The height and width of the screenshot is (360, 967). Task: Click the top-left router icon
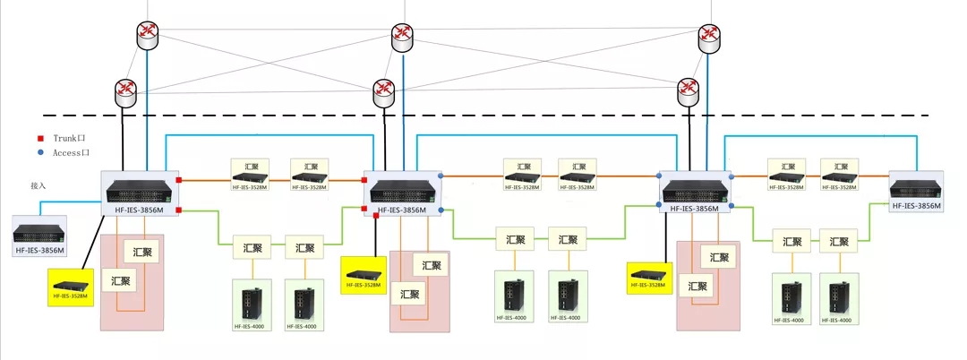[x=147, y=35]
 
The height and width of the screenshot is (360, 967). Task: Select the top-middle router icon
[x=402, y=37]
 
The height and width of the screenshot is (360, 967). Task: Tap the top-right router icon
[x=709, y=35]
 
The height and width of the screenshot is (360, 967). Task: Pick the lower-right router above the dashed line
[x=688, y=88]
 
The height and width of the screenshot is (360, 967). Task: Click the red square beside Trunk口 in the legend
[x=39, y=140]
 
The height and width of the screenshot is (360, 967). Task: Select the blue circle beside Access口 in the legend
[x=39, y=153]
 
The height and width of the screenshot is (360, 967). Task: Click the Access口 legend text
[x=71, y=153]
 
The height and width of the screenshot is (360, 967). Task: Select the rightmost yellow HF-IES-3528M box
[x=649, y=276]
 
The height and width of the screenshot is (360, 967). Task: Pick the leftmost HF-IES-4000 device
[x=247, y=304]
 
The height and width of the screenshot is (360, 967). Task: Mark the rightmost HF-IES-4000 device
[x=840, y=299]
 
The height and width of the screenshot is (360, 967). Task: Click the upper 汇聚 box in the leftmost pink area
[x=141, y=251]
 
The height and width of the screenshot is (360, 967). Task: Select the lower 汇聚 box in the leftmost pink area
[x=119, y=280]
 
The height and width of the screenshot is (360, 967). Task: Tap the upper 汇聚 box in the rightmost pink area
[x=717, y=256]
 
